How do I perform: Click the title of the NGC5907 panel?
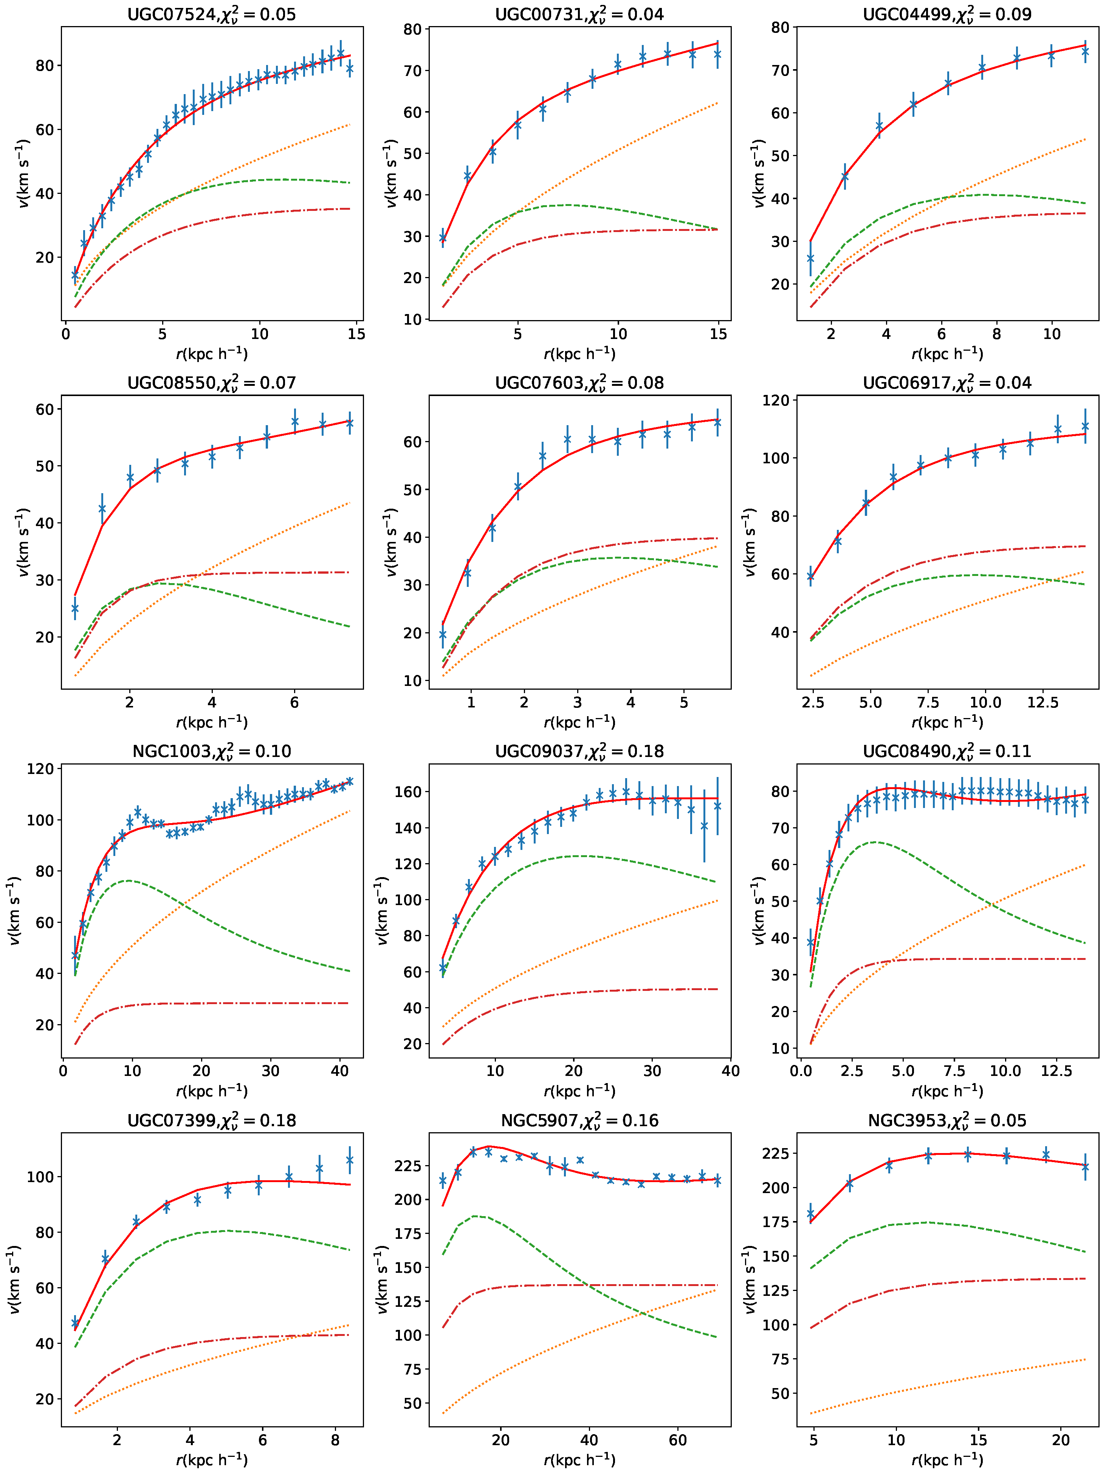click(x=579, y=1120)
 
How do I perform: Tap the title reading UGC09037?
click(x=579, y=752)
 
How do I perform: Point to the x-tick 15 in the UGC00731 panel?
click(x=718, y=334)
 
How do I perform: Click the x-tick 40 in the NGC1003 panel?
click(x=339, y=1071)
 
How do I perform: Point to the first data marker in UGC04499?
click(x=810, y=258)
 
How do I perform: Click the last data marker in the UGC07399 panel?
click(x=350, y=1160)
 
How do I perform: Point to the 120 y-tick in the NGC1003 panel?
click(x=40, y=769)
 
